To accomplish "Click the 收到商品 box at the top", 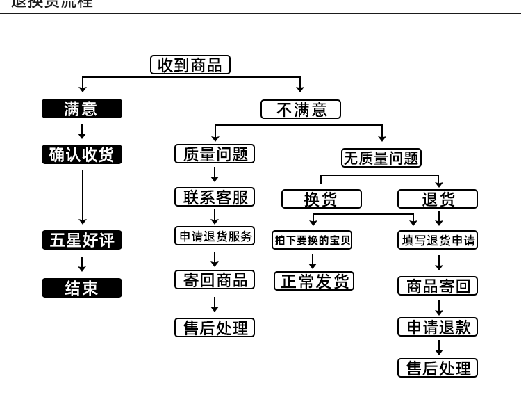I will tap(190, 65).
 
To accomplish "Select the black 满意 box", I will tap(81, 108).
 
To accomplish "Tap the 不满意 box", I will tap(301, 109).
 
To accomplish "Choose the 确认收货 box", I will tap(81, 154).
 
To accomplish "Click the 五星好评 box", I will tap(81, 240).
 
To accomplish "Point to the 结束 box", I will tap(81, 288).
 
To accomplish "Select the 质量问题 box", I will tap(215, 154).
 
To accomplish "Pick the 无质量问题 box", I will tap(381, 158).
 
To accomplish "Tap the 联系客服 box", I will tap(215, 197).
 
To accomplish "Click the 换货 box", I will tap(321, 199).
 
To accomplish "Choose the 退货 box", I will tap(438, 199).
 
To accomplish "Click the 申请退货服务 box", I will tap(215, 236).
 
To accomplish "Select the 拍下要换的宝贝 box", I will tap(313, 240).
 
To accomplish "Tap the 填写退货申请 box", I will tap(438, 240).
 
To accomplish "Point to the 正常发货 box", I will tap(314, 281).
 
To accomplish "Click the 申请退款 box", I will tap(438, 327).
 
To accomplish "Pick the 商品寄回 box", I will tap(438, 286).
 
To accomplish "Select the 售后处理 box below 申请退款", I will tap(438, 368).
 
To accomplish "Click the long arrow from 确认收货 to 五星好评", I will tap(82, 197).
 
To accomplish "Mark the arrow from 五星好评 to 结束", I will tap(82, 264).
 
